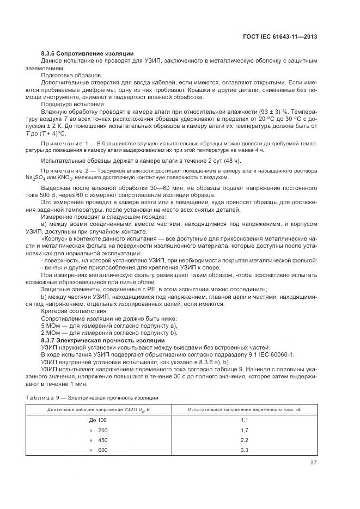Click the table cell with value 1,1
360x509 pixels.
pyautogui.click(x=245, y=420)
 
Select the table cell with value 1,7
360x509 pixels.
pyautogui.click(x=245, y=430)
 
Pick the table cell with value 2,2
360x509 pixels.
pyautogui.click(x=245, y=440)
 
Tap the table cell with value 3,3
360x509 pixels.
pyautogui.click(x=245, y=450)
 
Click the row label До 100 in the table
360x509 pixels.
pyautogui.click(x=98, y=420)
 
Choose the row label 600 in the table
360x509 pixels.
pyautogui.click(x=102, y=450)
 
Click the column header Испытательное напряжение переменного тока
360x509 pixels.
pyautogui.click(x=245, y=408)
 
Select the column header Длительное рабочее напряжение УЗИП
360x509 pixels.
pyautogui.click(x=98, y=408)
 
